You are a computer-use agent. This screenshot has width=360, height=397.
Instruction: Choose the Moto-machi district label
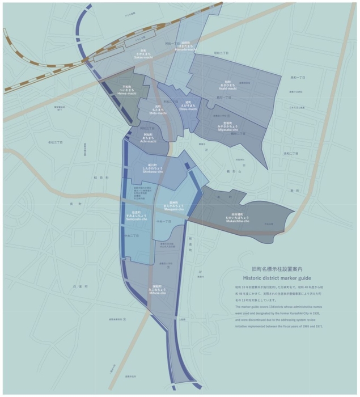(x=156, y=110)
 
